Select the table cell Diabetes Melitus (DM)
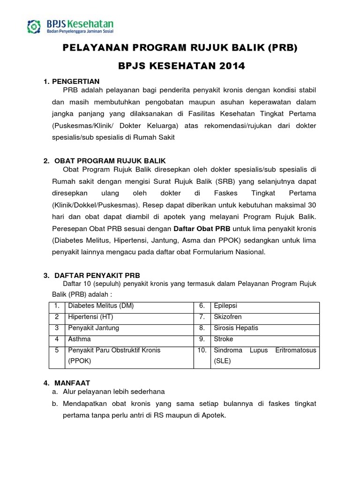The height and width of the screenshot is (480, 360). point(101,306)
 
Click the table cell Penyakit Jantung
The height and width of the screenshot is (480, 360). point(94,328)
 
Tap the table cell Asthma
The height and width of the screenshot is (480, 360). point(80,339)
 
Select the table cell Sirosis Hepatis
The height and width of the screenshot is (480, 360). point(236,328)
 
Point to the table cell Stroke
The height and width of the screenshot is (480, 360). point(224,339)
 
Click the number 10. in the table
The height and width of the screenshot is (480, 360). point(202,350)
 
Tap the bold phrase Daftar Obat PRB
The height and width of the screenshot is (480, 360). point(202,229)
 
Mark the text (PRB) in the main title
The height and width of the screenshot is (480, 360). point(283,49)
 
